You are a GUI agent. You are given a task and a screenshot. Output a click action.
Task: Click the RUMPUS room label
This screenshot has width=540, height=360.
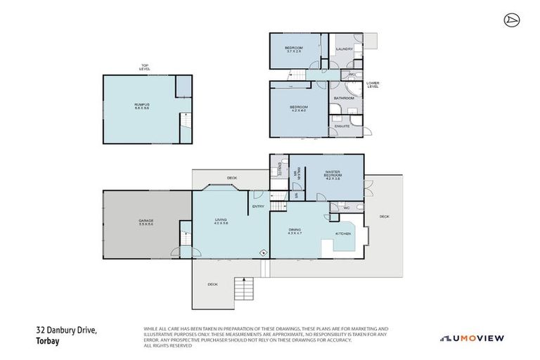[143, 107]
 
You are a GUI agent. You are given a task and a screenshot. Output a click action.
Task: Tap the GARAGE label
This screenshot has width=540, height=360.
[146, 223]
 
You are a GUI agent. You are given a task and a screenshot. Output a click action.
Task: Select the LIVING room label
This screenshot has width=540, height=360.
[221, 221]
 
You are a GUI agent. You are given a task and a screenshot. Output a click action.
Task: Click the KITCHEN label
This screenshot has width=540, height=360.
[342, 233]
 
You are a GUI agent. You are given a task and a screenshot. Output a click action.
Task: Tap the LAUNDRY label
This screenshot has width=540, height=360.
[344, 49]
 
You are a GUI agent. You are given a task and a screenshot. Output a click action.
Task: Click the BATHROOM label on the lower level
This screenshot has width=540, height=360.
[343, 98]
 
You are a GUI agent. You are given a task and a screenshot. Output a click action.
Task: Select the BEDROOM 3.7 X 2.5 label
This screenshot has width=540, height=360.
[293, 49]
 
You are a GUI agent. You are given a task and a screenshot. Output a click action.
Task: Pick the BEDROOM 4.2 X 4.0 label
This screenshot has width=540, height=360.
[298, 108]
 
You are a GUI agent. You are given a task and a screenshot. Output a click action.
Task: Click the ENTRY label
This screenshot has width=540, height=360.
[258, 206]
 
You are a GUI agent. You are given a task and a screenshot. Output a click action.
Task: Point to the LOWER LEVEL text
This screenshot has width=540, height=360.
[373, 84]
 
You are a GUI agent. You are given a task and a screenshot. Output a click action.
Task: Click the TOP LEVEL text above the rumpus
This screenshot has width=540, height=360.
[145, 68]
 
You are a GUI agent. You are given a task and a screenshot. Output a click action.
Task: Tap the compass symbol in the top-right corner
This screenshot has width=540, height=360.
[511, 20]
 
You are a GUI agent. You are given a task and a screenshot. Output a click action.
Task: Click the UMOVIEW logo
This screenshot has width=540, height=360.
[472, 338]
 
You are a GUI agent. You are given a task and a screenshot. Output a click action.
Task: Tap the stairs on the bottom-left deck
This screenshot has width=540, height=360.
[243, 288]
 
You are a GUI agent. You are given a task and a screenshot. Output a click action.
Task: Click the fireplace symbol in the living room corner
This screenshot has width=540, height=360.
[263, 252]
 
